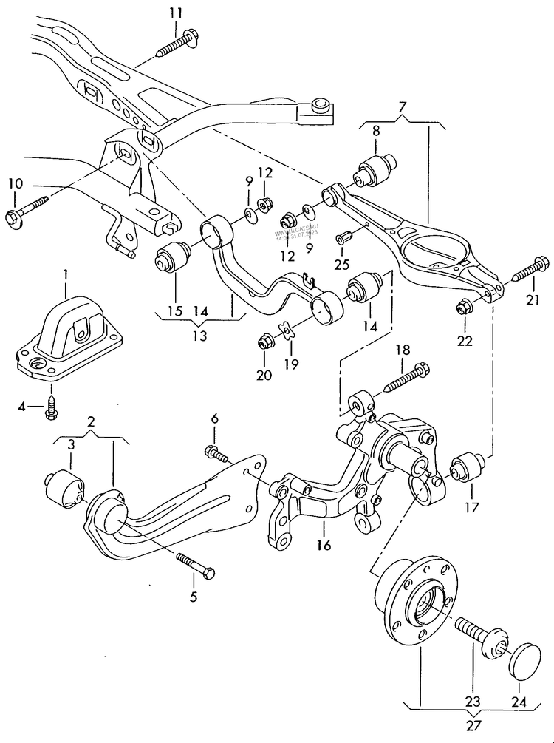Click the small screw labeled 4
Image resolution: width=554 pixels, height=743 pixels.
pos(51,407)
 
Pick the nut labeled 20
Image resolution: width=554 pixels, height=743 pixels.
pos(264,343)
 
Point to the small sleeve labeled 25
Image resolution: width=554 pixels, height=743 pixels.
pos(344,238)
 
